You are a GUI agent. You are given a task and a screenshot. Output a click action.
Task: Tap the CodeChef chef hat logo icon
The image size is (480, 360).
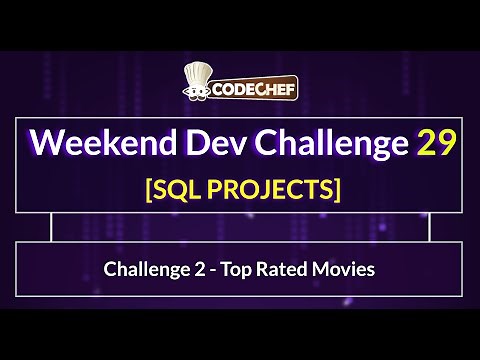pyautogui.click(x=200, y=83)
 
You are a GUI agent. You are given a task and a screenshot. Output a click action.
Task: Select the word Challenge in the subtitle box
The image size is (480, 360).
pyautogui.click(x=142, y=268)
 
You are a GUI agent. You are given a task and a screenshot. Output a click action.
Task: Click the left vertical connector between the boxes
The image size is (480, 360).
pyautogui.click(x=50, y=227)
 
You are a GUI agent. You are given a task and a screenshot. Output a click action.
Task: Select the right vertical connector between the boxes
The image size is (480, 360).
pyautogui.click(x=429, y=227)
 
